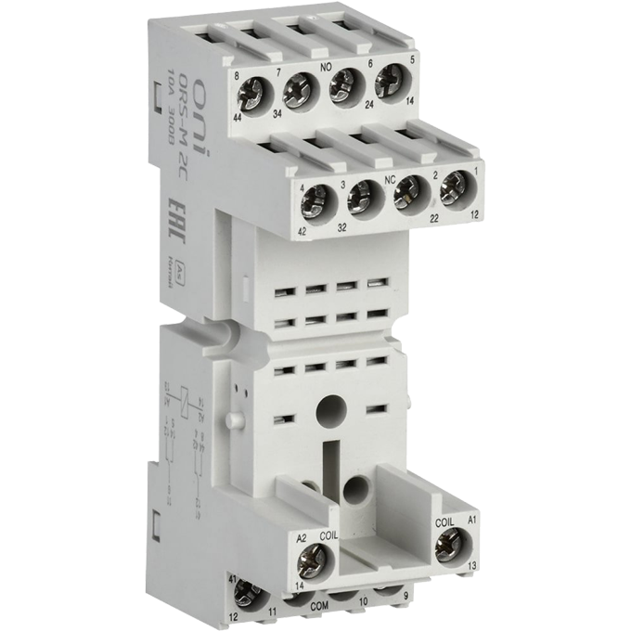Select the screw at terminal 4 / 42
[x=318, y=197]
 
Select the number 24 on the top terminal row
[x=341, y=117]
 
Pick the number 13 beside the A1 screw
[x=473, y=565]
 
